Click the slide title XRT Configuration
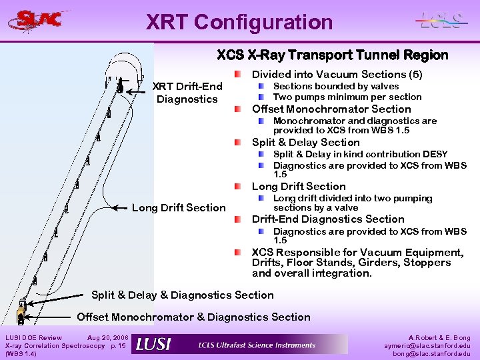coord(239,22)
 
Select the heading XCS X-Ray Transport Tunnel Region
coord(332,55)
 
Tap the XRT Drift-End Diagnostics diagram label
coord(187,93)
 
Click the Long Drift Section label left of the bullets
coord(179,207)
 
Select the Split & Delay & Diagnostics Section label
coord(182,295)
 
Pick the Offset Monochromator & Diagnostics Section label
coord(193,317)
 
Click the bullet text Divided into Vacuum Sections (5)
coord(337,74)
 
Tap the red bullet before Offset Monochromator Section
coord(238,109)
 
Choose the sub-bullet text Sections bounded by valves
coord(336,86)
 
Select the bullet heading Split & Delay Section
coord(305,142)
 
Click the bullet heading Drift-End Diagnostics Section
coord(327,219)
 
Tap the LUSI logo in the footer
coord(153,344)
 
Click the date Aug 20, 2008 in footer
coord(107,338)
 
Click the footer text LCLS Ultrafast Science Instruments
coord(257,345)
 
